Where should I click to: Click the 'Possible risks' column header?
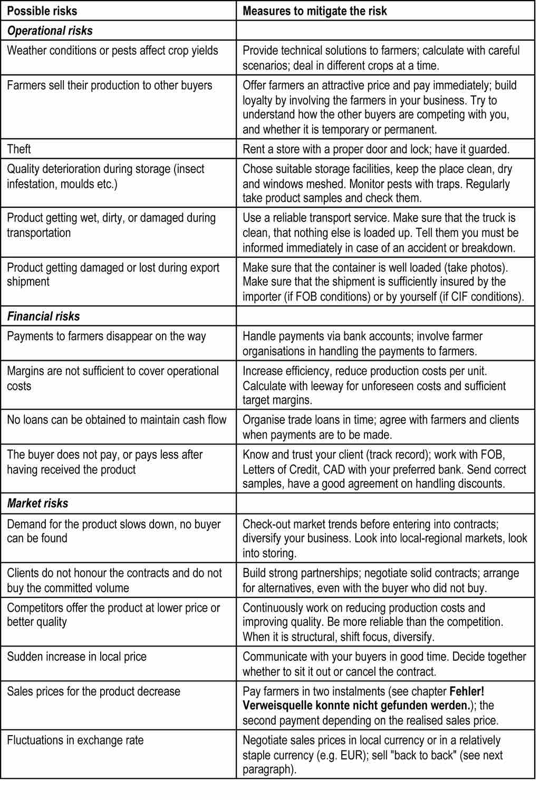coord(42,11)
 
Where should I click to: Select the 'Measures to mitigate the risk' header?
coord(314,11)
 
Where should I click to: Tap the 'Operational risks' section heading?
coord(50,31)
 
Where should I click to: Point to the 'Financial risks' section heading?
coord(43,316)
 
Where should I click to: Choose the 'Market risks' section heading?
coord(37,504)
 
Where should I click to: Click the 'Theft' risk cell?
coord(19,149)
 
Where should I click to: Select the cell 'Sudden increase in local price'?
coord(76,657)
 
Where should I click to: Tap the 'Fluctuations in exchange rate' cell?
coord(75,740)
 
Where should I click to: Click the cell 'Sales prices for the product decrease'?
coord(93,692)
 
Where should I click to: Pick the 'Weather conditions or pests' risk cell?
coord(112,51)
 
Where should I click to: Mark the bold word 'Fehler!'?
coord(466,691)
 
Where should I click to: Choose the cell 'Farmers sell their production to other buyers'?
coord(109,85)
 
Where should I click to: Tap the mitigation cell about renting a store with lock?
coord(375,149)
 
